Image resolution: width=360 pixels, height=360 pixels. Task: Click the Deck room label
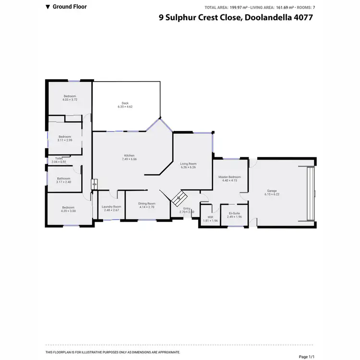click(x=125, y=103)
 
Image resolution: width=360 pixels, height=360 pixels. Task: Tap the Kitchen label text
click(x=130, y=156)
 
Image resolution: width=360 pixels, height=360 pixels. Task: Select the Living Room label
click(x=189, y=164)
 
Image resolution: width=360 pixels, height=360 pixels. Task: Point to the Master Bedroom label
click(x=229, y=177)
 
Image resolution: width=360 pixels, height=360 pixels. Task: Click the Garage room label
click(x=272, y=191)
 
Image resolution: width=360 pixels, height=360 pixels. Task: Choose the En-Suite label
click(x=234, y=213)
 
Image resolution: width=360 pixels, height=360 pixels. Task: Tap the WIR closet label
click(x=210, y=217)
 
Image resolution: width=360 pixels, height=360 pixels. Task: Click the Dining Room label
click(x=147, y=204)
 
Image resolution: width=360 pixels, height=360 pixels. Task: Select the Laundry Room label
click(x=111, y=206)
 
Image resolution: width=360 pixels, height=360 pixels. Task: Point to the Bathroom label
click(x=63, y=179)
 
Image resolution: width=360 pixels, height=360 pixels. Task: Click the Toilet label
click(x=59, y=158)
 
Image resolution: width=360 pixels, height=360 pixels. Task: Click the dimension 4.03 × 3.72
click(x=70, y=100)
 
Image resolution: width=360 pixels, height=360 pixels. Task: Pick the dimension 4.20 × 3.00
click(x=68, y=211)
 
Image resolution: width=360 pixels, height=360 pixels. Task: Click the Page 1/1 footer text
click(x=306, y=356)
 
